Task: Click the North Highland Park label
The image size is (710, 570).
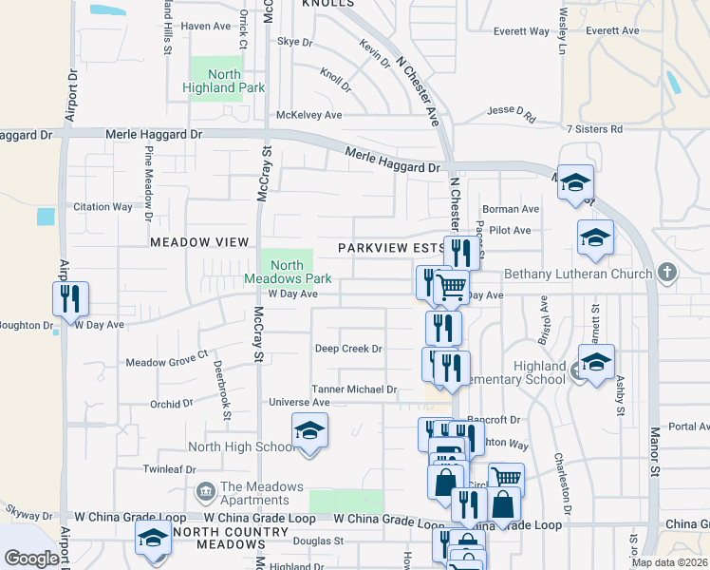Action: click(x=222, y=81)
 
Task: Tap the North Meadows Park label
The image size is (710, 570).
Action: click(x=288, y=273)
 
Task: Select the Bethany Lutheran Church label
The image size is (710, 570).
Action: click(x=576, y=274)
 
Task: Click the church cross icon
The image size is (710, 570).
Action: click(x=667, y=274)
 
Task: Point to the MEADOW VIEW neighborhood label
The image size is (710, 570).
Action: click(x=198, y=242)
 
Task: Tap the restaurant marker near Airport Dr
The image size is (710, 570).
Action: click(x=70, y=299)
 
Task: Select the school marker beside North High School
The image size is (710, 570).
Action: click(x=309, y=431)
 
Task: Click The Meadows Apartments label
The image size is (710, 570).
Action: click(x=261, y=493)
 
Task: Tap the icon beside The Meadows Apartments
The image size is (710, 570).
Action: click(x=205, y=492)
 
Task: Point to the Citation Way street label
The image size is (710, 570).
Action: click(x=103, y=207)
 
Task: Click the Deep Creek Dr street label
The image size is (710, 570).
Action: click(x=348, y=349)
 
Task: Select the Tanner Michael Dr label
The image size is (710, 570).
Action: click(x=354, y=389)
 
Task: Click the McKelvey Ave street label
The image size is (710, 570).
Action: click(x=308, y=115)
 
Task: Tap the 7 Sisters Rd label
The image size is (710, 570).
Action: click(x=593, y=128)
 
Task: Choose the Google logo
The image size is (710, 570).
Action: click(x=32, y=559)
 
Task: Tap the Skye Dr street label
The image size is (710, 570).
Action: click(x=294, y=42)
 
